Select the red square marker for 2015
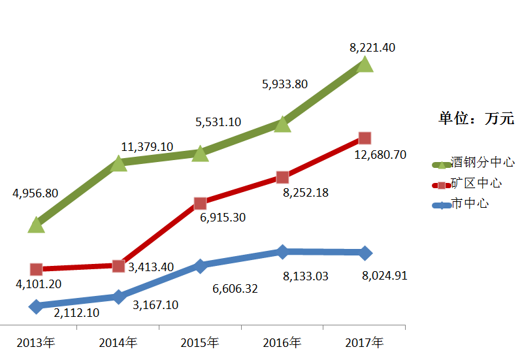201,203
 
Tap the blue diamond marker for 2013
36,306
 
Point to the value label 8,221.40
372,47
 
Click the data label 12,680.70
380,155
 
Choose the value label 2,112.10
76,312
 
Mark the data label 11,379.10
147,146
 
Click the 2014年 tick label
118,342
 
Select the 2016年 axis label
282,342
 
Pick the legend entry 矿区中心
476,183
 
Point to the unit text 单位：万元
476,118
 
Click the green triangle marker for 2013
37,225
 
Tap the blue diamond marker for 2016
282,252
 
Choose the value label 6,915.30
223,217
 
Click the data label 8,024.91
384,275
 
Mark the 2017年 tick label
365,342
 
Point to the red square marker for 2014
118,266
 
